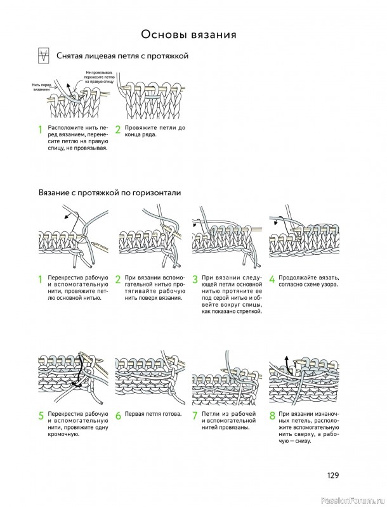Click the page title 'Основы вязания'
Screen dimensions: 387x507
188,34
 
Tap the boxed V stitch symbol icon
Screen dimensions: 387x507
44,56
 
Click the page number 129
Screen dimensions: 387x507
332,475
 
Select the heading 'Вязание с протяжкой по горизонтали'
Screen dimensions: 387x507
110,193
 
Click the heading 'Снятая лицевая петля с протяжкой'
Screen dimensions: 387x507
122,56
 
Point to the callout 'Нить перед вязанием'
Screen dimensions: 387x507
41,87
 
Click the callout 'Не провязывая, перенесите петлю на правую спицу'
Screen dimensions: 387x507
99,77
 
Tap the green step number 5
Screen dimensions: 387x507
41,416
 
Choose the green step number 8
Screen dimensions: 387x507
272,416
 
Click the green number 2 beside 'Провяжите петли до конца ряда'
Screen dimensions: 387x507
118,130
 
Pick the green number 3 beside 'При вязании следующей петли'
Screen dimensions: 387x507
195,279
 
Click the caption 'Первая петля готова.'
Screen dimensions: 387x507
153,414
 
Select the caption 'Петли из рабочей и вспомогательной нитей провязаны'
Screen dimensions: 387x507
228,421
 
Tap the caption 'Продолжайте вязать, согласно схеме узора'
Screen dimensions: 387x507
309,281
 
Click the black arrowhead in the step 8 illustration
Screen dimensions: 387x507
286,358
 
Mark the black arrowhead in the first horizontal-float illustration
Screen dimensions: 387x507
67,216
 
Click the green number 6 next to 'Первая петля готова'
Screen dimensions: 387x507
118,416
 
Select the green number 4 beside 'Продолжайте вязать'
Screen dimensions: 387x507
272,279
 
